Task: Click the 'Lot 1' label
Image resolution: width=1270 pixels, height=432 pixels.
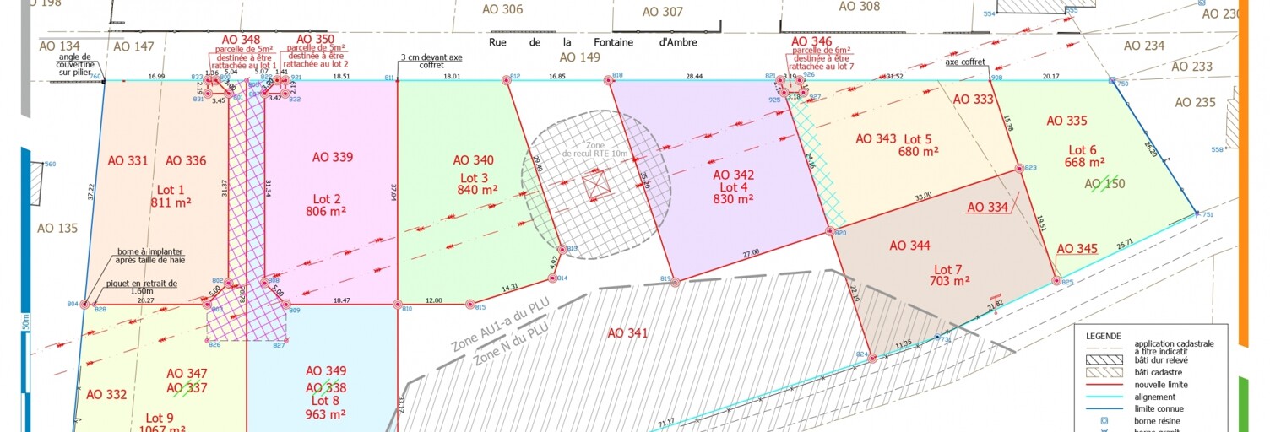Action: (x=171, y=190)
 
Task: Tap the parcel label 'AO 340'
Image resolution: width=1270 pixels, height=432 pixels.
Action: (x=473, y=160)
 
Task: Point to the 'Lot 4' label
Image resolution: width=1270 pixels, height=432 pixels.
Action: (x=733, y=186)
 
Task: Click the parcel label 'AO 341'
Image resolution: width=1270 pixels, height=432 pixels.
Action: (x=628, y=333)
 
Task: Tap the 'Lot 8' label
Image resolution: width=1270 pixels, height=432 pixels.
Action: (x=325, y=401)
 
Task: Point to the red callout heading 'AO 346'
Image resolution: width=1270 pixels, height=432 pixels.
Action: (x=811, y=40)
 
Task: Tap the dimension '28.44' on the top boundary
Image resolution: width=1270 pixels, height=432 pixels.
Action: (x=694, y=76)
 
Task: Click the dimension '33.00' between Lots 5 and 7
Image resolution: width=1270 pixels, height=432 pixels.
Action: (x=923, y=196)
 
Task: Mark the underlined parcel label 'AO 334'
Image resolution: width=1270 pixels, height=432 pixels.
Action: (x=987, y=208)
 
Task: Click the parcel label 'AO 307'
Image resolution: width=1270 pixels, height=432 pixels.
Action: (x=662, y=12)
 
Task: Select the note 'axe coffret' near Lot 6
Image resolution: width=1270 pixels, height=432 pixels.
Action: (x=964, y=62)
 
